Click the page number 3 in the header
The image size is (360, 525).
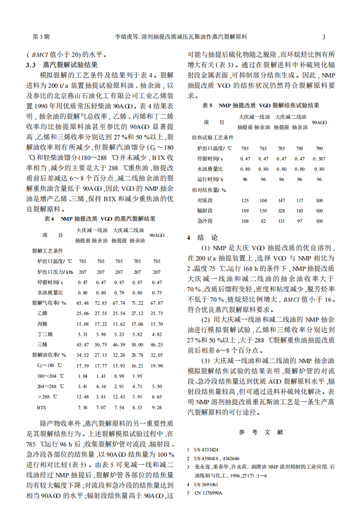point(324,37)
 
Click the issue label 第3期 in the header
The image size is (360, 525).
point(41,37)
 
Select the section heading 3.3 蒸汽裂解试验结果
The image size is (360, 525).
point(62,64)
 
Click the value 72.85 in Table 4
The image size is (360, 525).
point(101,303)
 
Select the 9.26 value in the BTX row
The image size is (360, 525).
point(156,407)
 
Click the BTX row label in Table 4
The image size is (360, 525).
point(41,407)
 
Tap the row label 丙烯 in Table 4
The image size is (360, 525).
point(42,324)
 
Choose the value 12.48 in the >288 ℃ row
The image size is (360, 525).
point(82,396)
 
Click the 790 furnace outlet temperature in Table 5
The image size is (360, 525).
point(319,148)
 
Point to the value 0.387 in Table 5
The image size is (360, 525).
point(319,158)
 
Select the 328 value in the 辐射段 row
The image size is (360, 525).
point(282,210)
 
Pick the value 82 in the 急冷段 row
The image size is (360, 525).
point(263,221)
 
